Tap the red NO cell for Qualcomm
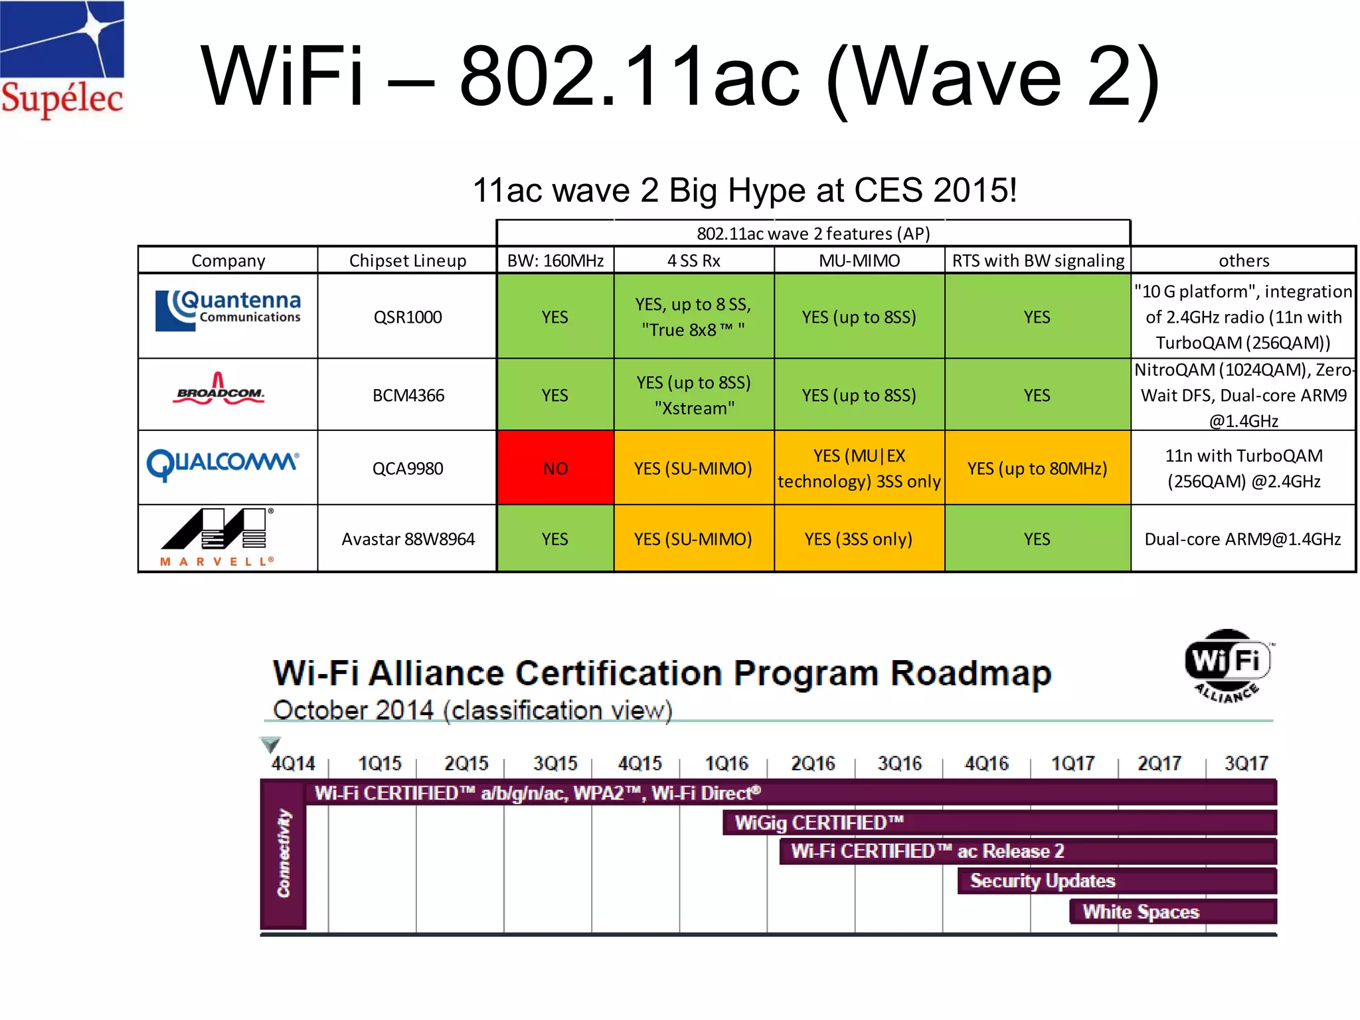coord(555,468)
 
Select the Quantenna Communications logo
coord(228,310)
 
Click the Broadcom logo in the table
coord(218,390)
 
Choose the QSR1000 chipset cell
coord(407,317)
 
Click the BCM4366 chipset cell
coord(407,395)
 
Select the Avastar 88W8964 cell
coord(407,539)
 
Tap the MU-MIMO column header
coord(859,260)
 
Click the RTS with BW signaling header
coord(1037,260)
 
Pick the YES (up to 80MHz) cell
coord(1037,468)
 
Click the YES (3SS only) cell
coord(859,539)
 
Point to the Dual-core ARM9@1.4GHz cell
coord(1242,539)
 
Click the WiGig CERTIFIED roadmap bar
coord(999,823)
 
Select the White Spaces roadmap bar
coord(1173,912)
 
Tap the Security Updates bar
coord(1116,881)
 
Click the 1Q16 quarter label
coord(726,763)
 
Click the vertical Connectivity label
coord(284,853)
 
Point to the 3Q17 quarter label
coord(1246,763)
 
